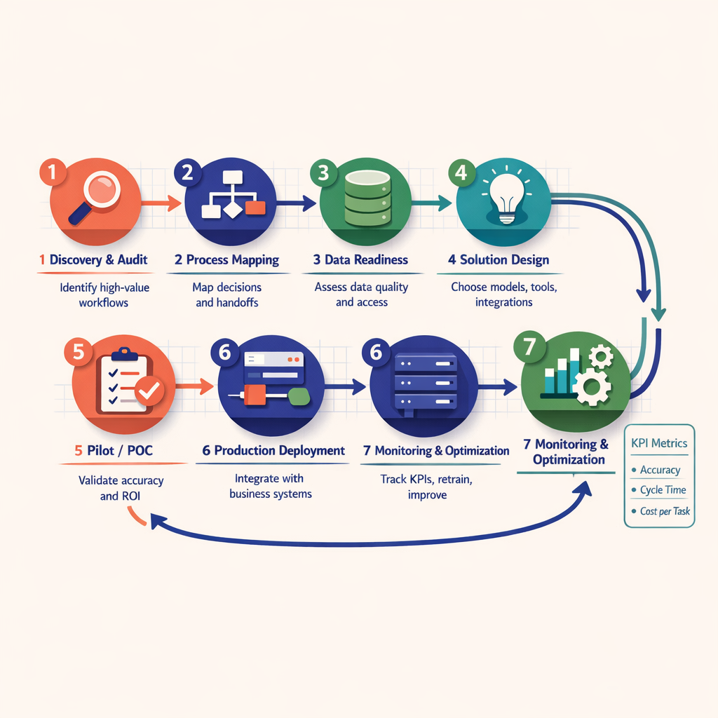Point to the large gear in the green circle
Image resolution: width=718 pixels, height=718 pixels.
(588, 385)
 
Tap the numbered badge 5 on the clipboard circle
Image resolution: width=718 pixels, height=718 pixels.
(79, 352)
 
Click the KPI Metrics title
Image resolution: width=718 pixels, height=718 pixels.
(659, 443)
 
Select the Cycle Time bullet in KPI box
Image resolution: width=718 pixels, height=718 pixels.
(663, 490)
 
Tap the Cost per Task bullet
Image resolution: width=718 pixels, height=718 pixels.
(665, 511)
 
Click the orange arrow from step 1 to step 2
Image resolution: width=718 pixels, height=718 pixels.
(162, 203)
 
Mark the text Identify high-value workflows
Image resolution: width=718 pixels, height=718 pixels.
(104, 294)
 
